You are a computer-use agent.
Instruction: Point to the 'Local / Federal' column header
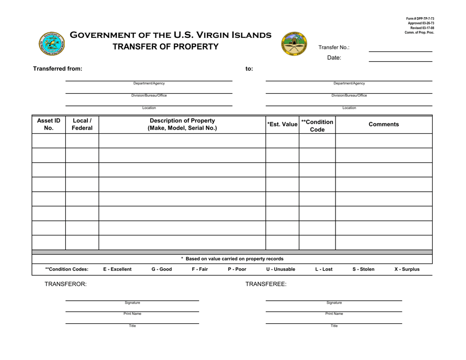(82, 125)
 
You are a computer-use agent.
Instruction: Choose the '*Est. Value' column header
(283, 125)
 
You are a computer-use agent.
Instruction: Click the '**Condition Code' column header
(317, 125)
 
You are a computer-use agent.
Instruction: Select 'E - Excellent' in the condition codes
(117, 269)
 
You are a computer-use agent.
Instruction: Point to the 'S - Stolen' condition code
(363, 269)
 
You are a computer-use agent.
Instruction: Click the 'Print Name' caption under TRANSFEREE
(334, 313)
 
